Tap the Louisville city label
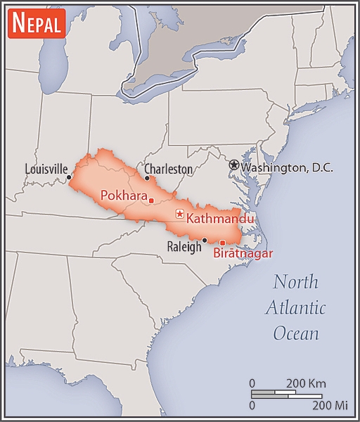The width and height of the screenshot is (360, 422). pos(46,169)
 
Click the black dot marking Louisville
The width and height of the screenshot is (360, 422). pos(69,178)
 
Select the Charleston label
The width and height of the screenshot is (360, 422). pos(168,169)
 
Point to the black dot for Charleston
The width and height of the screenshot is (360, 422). pos(147,178)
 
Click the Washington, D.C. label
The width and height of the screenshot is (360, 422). pos(286,167)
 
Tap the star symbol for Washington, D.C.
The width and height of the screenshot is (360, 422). pos(233,165)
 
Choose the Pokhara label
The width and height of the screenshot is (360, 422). pos(123,196)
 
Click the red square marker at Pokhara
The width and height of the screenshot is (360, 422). pos(151,200)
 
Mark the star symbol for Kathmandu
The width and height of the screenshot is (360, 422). pos(180,215)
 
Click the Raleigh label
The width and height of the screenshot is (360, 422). pos(184,247)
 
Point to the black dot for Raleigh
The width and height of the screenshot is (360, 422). pos(204,241)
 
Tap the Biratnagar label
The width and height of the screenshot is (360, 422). pos(243,254)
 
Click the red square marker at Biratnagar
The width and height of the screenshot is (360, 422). pos(222,243)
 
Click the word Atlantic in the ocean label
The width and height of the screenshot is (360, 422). pos(295,308)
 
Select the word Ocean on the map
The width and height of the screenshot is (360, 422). pos(295,333)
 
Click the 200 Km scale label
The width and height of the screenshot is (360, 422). pos(305,383)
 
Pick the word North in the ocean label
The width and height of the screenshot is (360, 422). pos(295,283)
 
